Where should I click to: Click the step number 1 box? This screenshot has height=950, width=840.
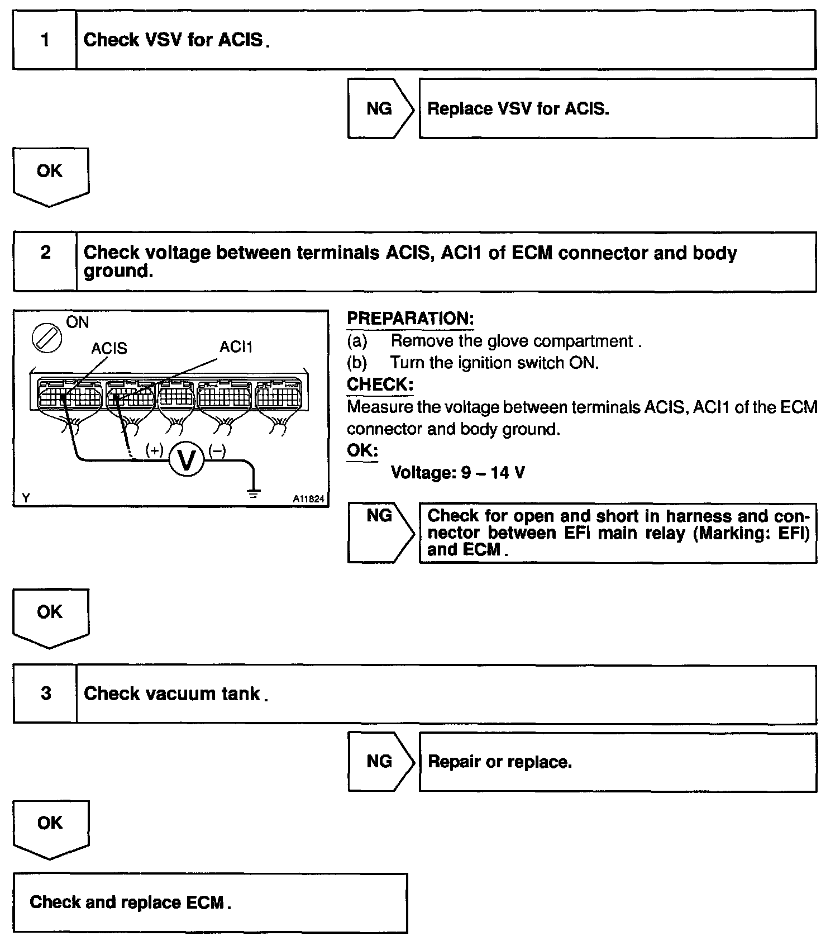click(x=45, y=40)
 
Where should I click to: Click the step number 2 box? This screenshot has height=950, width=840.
click(x=45, y=262)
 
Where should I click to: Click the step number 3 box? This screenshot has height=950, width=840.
click(x=45, y=694)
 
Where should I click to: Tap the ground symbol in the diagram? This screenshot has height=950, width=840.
click(x=254, y=492)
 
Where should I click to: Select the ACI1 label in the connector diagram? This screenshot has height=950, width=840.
click(x=236, y=347)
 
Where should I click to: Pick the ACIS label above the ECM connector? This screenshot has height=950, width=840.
click(x=109, y=348)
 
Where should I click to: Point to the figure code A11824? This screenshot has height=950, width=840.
click(x=308, y=499)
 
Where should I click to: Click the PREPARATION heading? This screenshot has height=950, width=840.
click(x=410, y=319)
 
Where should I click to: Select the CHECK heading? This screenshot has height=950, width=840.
click(x=380, y=384)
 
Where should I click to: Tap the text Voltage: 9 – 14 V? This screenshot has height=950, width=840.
click(x=457, y=473)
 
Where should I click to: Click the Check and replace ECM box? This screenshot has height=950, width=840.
click(x=210, y=902)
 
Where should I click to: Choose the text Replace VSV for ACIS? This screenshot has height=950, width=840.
click(x=518, y=108)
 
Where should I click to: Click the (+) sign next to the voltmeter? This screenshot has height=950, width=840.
click(x=154, y=450)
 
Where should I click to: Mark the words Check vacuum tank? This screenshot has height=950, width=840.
click(x=172, y=693)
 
